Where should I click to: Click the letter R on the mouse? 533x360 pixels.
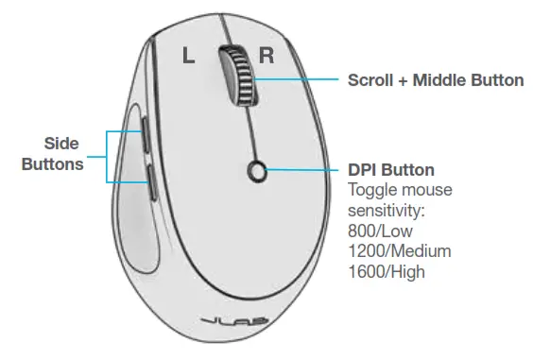[x=267, y=54]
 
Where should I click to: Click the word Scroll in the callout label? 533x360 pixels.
[x=371, y=80]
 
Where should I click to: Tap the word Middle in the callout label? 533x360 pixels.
[x=442, y=80]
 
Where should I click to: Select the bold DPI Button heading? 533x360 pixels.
[x=390, y=170]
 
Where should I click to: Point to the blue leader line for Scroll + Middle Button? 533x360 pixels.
[x=298, y=81]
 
